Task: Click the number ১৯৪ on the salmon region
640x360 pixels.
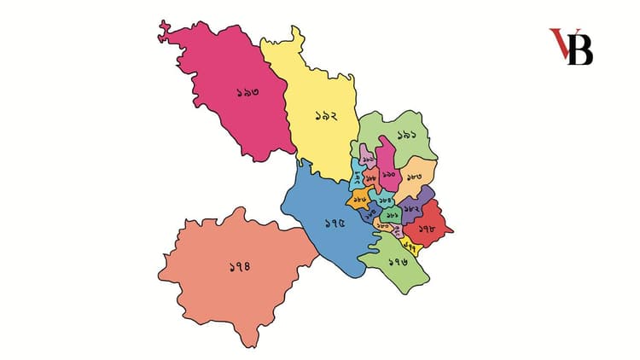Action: (x=241, y=267)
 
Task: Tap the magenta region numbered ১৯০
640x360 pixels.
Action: (x=388, y=174)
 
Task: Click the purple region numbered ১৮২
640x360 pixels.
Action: (x=413, y=207)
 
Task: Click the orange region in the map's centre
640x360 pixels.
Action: (x=359, y=199)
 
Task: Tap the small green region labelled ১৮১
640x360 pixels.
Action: (x=393, y=215)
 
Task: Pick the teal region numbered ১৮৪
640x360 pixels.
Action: (x=385, y=199)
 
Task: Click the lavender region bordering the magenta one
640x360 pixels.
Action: (x=368, y=158)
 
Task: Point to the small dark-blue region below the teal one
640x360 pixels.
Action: (x=370, y=214)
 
